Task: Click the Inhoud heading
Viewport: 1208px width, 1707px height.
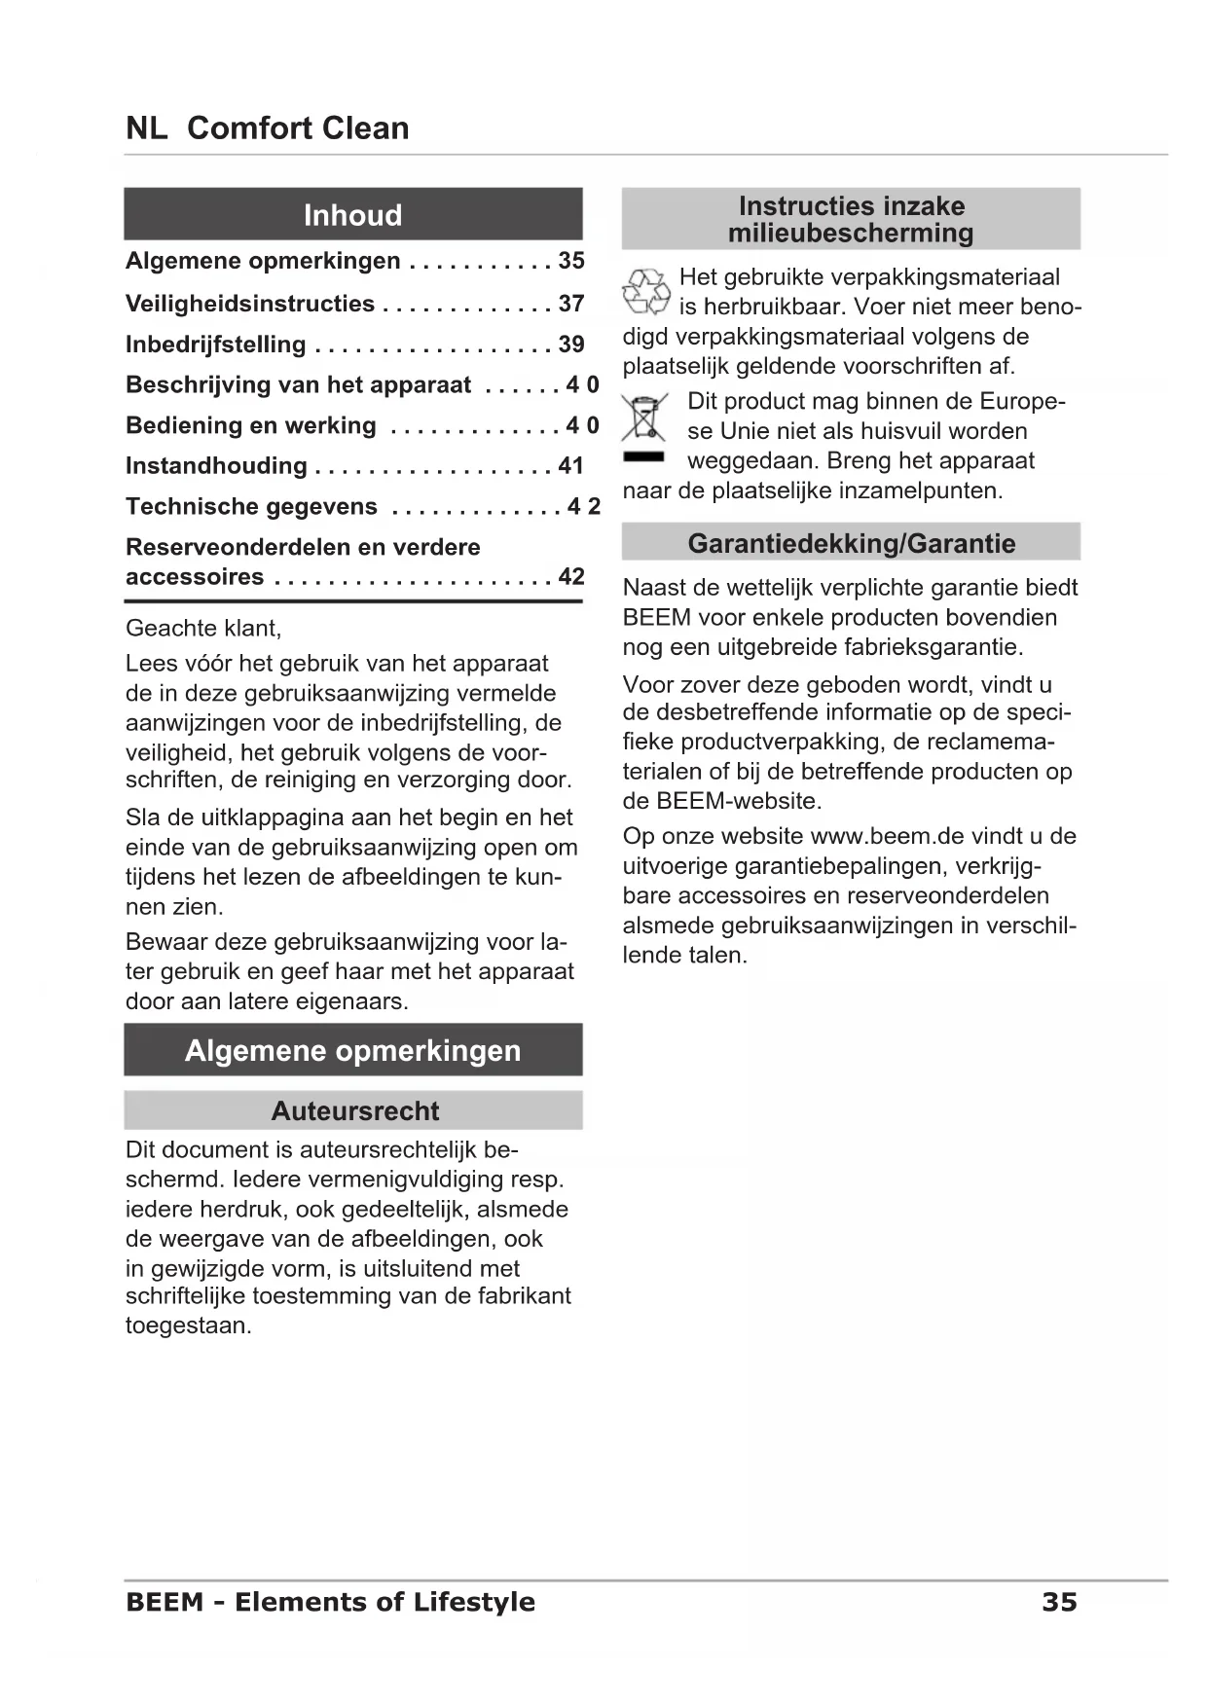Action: tap(352, 215)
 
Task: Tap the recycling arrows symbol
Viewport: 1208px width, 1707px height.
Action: tap(645, 292)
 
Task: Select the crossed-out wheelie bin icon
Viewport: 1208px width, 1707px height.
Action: tap(643, 418)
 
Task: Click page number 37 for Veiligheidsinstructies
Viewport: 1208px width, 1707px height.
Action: tap(571, 304)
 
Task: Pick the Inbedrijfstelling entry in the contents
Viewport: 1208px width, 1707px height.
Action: tap(216, 345)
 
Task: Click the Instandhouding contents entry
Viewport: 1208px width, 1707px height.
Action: tap(216, 466)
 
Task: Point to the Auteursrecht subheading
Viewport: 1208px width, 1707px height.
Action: tap(354, 1110)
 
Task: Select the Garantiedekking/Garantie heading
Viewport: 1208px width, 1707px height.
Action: tap(851, 543)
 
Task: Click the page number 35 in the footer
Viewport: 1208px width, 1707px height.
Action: tap(1059, 1602)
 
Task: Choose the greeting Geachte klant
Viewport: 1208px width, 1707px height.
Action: tap(203, 629)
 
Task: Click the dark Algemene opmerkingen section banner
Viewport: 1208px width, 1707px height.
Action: tap(352, 1050)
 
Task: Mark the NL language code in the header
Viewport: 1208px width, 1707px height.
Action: tap(146, 128)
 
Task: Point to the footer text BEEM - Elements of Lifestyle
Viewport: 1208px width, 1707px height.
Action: tap(330, 1602)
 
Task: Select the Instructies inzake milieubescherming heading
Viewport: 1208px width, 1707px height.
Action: tap(851, 219)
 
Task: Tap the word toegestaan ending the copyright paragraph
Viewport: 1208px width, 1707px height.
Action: tap(188, 1326)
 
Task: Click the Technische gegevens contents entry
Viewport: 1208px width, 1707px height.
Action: tap(251, 507)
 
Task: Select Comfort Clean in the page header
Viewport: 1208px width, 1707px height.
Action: tap(298, 128)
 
